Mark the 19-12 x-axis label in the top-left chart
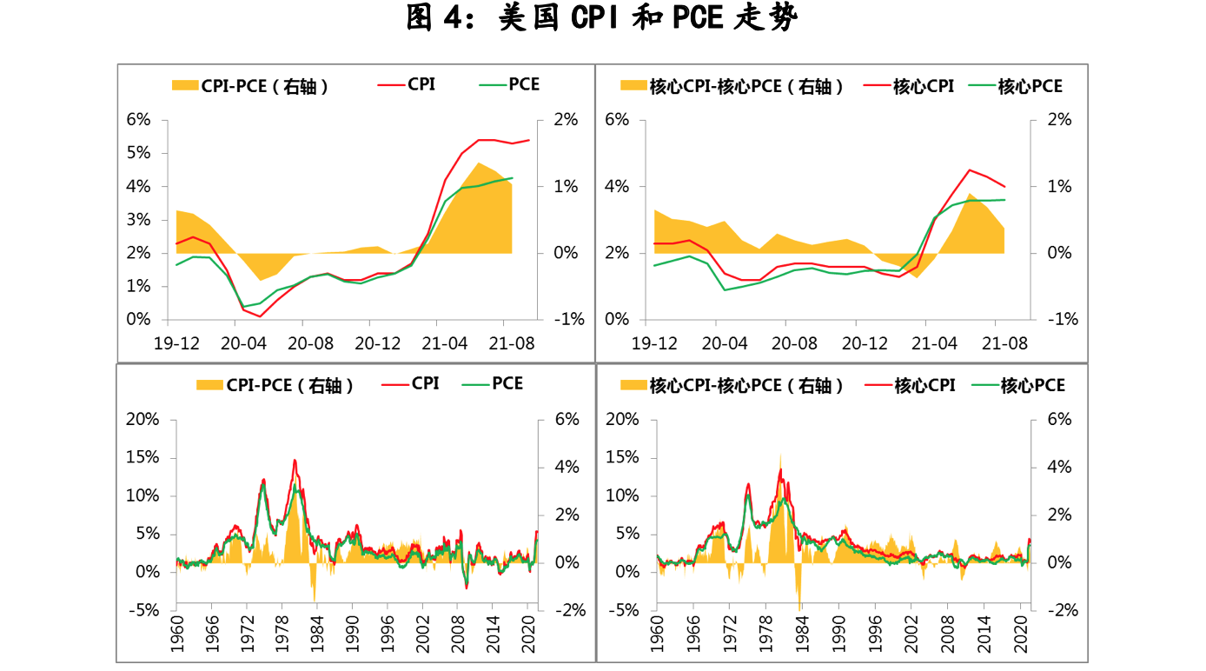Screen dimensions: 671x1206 177,343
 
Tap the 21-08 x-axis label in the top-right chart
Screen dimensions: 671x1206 1005,343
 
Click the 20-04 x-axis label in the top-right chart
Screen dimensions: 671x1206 725,343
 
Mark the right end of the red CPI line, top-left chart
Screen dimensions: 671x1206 528,140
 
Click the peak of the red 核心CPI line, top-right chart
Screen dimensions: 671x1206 970,170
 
